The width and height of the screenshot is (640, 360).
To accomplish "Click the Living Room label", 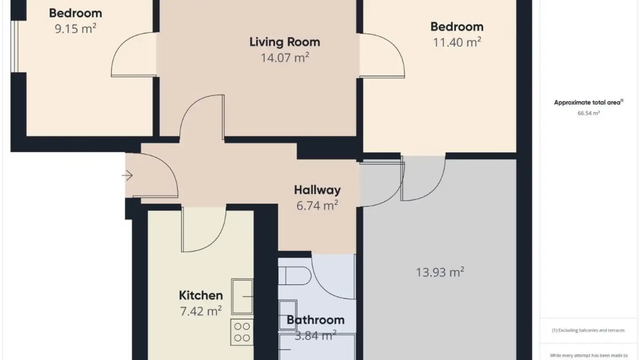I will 284,42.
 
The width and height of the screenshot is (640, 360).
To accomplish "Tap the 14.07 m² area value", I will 284,58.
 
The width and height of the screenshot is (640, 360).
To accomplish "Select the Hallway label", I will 317,190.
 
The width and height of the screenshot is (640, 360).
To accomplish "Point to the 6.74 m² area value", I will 317,205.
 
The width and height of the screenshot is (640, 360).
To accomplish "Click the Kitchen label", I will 200,296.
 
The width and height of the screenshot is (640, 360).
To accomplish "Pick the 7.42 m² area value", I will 200,311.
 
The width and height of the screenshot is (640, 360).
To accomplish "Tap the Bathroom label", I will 316,320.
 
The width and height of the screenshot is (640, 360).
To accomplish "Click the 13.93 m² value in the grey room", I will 440,272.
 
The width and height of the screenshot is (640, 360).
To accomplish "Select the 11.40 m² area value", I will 457,43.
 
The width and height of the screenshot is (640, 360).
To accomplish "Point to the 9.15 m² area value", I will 76,29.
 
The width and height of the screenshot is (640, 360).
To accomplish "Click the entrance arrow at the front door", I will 128,176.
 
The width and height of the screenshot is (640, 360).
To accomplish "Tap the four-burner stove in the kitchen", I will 242,332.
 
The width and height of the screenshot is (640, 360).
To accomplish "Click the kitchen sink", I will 242,296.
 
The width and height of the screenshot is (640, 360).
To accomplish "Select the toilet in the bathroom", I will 296,276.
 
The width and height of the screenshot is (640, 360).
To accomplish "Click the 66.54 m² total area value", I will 588,113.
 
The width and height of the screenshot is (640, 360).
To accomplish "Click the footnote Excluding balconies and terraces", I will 588,330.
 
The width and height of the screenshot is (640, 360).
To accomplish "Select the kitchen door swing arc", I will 202,231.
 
